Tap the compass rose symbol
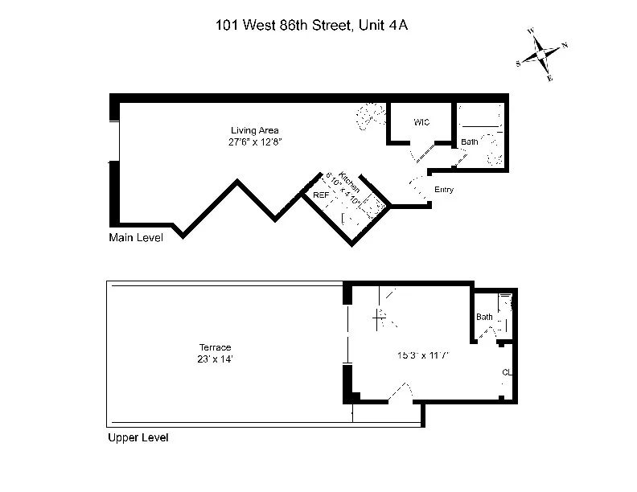coord(544,55)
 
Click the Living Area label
coord(254,130)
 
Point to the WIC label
coord(421,122)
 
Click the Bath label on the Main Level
coord(469,142)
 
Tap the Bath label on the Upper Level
coord(484,317)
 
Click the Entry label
coord(444,190)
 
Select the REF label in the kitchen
coord(321,195)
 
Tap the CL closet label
coord(507,372)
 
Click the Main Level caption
coord(135,238)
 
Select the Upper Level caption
coord(138,439)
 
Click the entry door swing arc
coord(417,190)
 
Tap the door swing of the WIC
coord(419,153)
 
